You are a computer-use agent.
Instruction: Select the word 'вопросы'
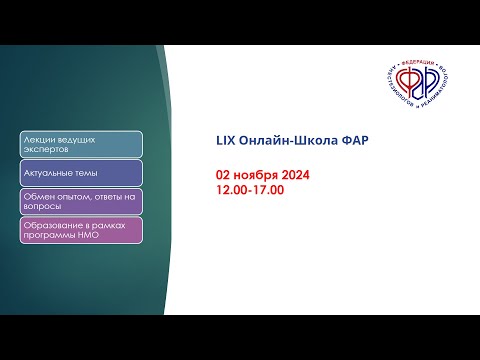pyautogui.click(x=41, y=206)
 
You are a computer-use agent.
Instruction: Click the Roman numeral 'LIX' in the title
pyautogui.click(x=225, y=139)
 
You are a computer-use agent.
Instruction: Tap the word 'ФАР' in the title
pyautogui.click(x=354, y=139)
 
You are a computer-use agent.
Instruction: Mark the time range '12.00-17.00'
pyautogui.click(x=250, y=187)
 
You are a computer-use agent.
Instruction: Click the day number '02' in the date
pyautogui.click(x=223, y=174)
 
